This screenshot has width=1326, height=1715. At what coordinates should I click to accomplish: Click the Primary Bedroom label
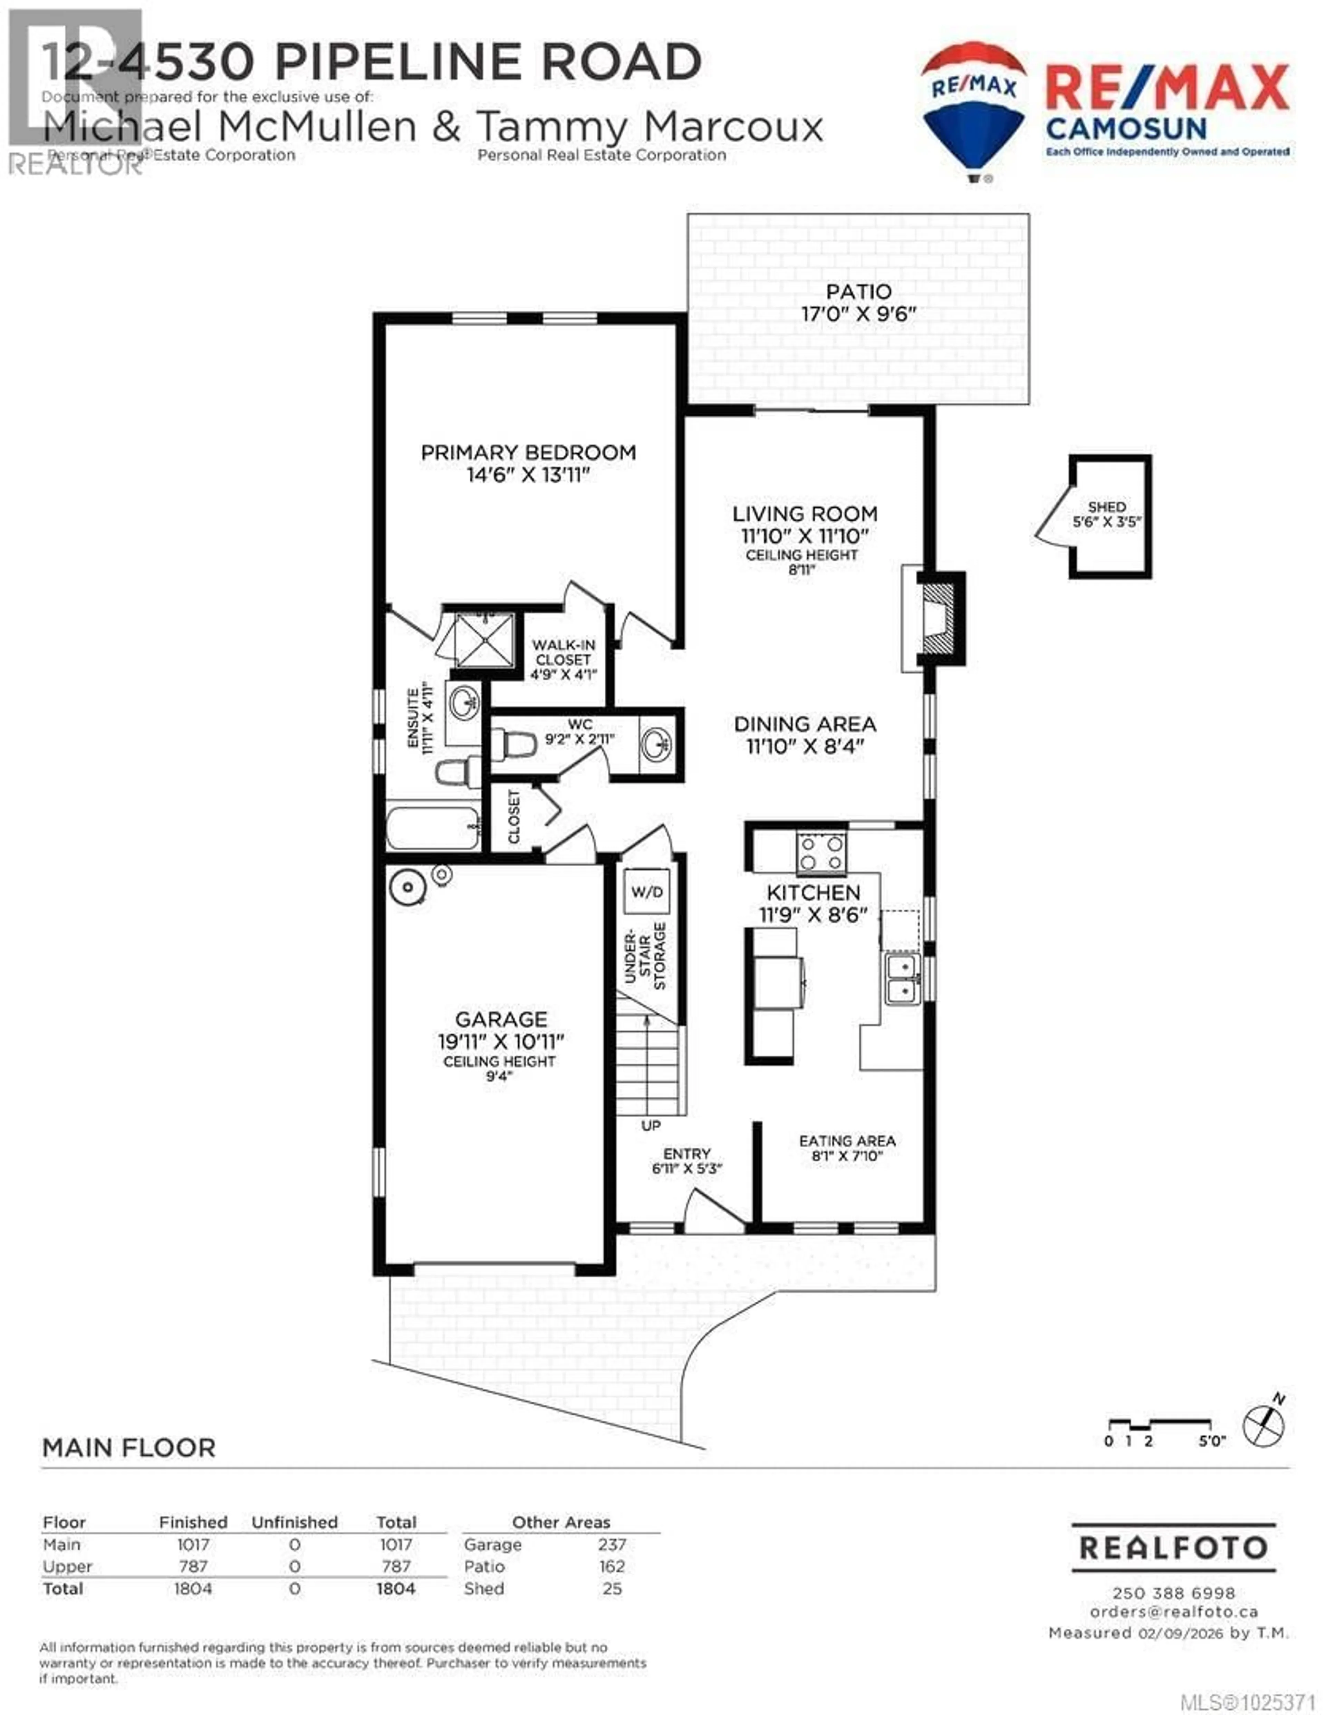(528, 452)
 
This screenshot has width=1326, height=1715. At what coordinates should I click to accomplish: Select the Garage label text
(501, 1019)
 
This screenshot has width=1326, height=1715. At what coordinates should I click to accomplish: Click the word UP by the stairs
(651, 1125)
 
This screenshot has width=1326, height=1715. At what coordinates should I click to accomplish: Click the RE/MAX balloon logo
(973, 110)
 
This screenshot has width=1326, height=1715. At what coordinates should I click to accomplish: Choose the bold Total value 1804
(395, 1589)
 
